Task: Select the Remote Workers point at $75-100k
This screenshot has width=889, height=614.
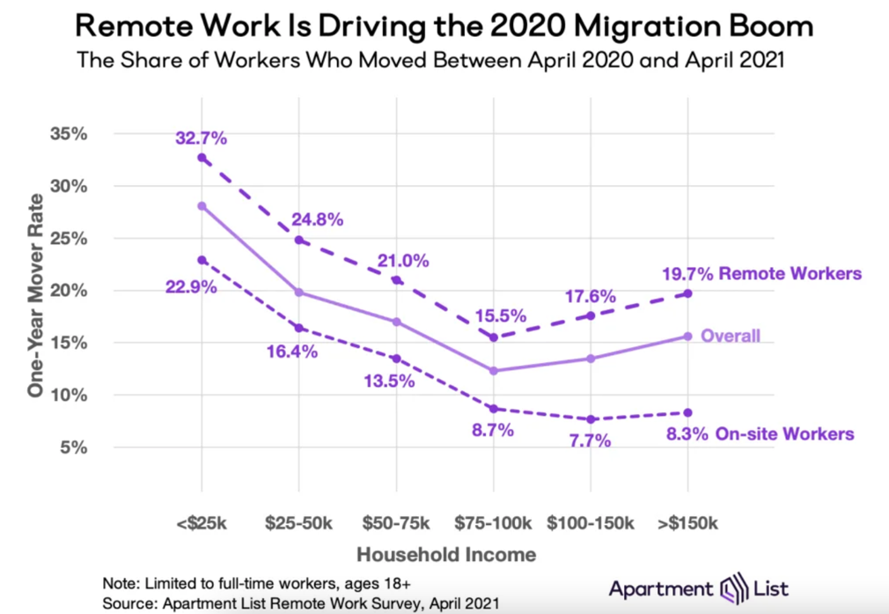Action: click(494, 337)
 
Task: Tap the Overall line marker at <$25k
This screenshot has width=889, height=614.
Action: click(202, 205)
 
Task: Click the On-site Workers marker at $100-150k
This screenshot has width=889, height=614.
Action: click(591, 419)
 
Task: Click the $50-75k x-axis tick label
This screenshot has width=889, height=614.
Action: click(396, 523)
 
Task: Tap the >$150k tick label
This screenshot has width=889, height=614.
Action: click(687, 523)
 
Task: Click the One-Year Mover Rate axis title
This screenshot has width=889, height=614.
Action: click(35, 290)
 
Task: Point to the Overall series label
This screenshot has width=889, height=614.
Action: click(731, 336)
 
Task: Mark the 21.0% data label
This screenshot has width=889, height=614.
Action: click(403, 261)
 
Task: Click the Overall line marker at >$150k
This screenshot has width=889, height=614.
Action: click(687, 336)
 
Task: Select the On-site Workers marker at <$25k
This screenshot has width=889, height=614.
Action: click(202, 260)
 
